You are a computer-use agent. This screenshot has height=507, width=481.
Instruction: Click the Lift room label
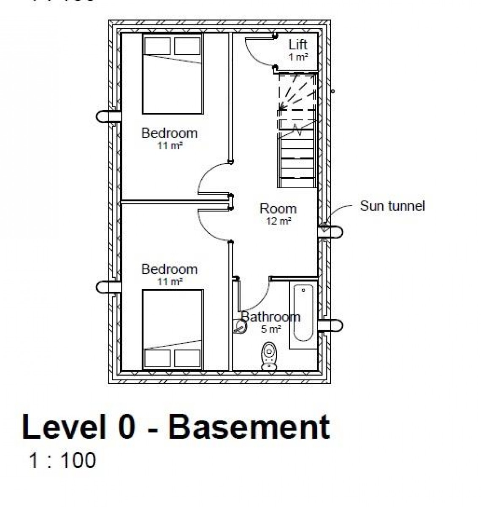coord(297,45)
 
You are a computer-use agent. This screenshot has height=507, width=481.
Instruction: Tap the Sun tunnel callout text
coord(392,206)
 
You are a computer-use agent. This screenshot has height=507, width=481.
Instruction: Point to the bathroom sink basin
coord(240,325)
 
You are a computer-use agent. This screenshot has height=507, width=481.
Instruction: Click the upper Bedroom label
coord(169,133)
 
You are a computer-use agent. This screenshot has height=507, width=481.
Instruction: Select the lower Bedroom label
coord(169,269)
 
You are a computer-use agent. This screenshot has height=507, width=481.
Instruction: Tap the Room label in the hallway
coord(278,209)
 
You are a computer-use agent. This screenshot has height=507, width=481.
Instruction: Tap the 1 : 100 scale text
coord(62,460)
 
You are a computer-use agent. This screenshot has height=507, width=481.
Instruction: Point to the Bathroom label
coord(271,317)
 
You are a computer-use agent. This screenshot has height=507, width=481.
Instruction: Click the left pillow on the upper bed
coord(157,46)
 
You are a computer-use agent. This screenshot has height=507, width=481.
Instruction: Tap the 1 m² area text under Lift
coord(298,57)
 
